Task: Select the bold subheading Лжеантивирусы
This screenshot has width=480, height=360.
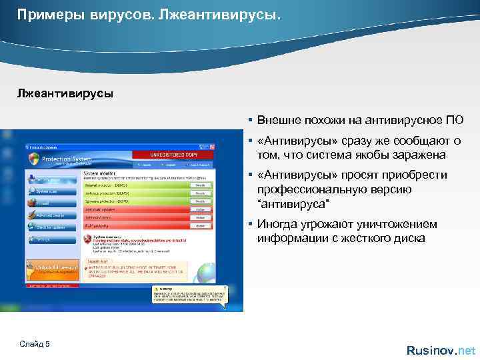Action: pyautogui.click(x=65, y=93)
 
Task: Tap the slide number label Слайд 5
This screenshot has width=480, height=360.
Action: pyautogui.click(x=35, y=343)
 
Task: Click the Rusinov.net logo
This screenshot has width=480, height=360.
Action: pyautogui.click(x=441, y=350)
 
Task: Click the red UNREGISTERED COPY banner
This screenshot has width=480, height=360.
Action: pyautogui.click(x=173, y=155)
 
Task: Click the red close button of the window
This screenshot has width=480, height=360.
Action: pyautogui.click(x=210, y=146)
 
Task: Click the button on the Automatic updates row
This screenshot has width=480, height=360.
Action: pyautogui.click(x=199, y=209)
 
